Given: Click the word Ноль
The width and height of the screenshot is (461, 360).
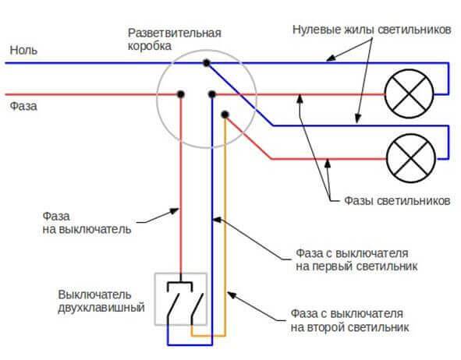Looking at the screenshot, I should click(22, 50).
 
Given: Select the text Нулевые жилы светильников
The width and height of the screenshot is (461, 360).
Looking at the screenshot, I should click(372, 30).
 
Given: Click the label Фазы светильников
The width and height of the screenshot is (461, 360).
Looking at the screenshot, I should click(396, 200).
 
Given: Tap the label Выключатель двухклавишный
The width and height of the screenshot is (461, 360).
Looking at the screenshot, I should click(101, 302).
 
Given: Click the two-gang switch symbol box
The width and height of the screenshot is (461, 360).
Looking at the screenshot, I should click(181, 298).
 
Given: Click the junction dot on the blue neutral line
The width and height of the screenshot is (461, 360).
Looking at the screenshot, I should click(205, 62).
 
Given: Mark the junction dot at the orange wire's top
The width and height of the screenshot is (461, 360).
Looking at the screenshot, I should click(225, 115).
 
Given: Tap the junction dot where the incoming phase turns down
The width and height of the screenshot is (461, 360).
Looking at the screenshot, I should click(180, 94).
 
